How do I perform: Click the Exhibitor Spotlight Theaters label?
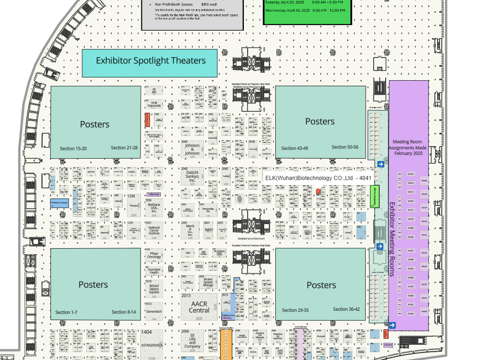[150, 61]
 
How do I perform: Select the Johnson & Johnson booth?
[192, 150]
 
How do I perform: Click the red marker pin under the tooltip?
[318, 192]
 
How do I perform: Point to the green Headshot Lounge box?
[375, 196]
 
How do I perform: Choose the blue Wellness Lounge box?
[59, 203]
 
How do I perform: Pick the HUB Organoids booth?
[154, 103]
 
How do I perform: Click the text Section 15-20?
[73, 148]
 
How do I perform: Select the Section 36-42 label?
[346, 309]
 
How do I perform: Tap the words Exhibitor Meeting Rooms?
[392, 239]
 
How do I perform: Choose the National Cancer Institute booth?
[154, 231]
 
